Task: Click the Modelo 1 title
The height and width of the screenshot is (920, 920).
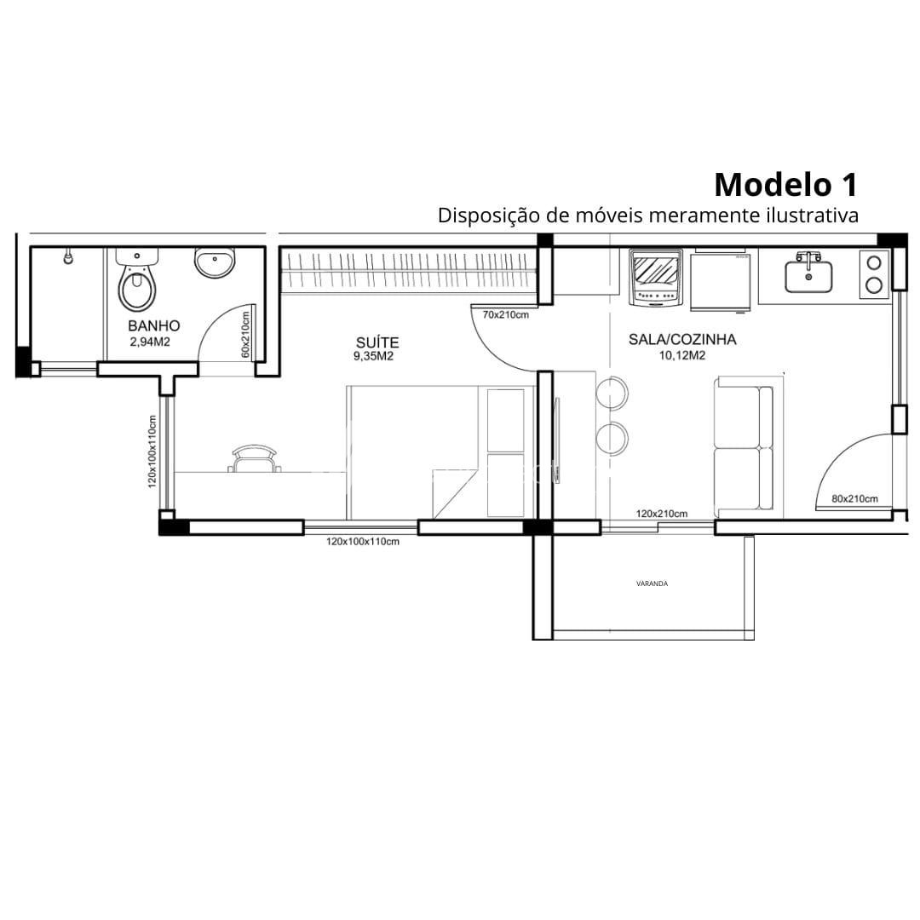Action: pyautogui.click(x=785, y=184)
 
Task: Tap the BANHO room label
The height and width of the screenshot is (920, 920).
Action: pyautogui.click(x=153, y=325)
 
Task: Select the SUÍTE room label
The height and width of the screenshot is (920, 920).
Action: pyautogui.click(x=377, y=342)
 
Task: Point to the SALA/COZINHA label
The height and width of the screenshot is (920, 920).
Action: pyautogui.click(x=682, y=339)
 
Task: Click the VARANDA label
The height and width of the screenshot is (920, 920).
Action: pyautogui.click(x=652, y=584)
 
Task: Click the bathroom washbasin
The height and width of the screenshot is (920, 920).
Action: pyautogui.click(x=215, y=262)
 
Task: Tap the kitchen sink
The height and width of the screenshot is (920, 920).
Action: pyautogui.click(x=808, y=273)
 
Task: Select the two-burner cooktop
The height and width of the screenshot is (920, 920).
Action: pyautogui.click(x=874, y=274)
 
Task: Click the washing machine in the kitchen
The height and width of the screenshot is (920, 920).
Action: pyautogui.click(x=655, y=278)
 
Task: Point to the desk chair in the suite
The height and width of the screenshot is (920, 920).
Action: pyautogui.click(x=254, y=458)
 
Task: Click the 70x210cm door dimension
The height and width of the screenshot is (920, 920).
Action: pyautogui.click(x=506, y=314)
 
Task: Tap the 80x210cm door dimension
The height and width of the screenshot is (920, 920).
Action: pyautogui.click(x=855, y=498)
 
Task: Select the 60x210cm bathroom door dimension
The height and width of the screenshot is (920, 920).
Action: pyautogui.click(x=245, y=334)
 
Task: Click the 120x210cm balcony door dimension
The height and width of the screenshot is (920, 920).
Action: pyautogui.click(x=662, y=514)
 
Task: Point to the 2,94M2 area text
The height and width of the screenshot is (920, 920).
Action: pyautogui.click(x=150, y=342)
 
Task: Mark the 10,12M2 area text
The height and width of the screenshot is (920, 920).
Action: pyautogui.click(x=682, y=355)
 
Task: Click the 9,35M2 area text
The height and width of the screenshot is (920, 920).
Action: pyautogui.click(x=373, y=356)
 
